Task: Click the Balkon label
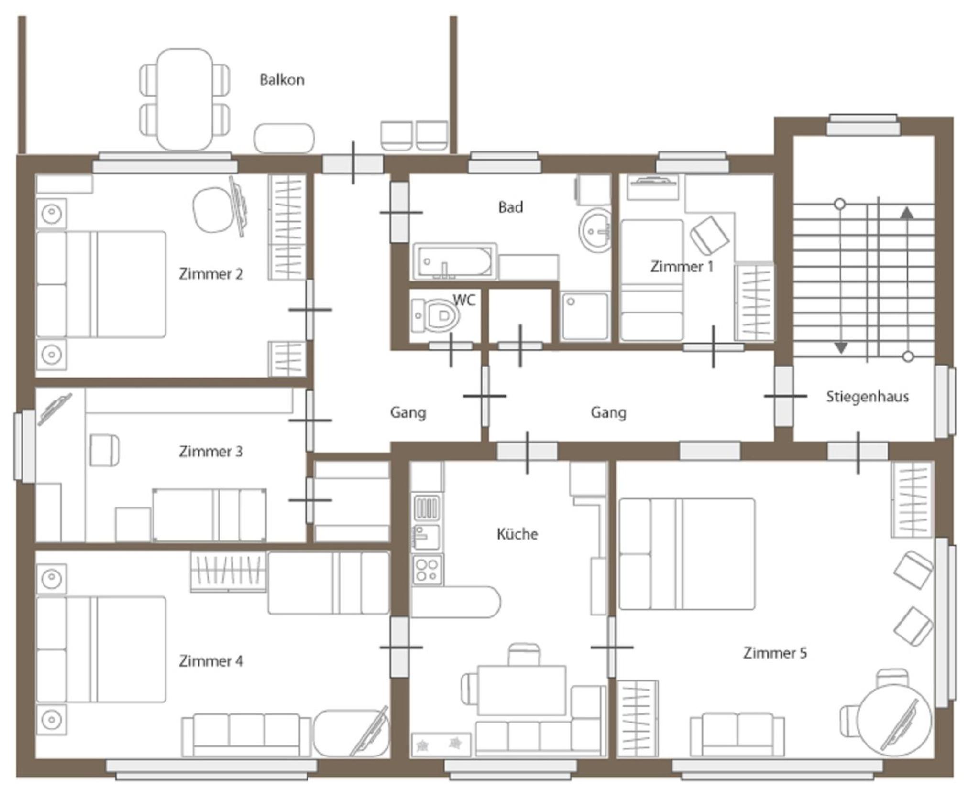coord(282,79)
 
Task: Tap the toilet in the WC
coord(435,315)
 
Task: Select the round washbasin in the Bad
coord(595,230)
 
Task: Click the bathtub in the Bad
coord(454,261)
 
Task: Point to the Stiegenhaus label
coord(868,396)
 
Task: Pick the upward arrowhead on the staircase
coord(907,213)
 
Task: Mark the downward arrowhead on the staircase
coord(840,348)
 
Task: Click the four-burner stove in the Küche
coord(427,569)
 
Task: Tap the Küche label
coord(517,534)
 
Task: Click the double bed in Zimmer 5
coord(687,554)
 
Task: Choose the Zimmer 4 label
coord(211,661)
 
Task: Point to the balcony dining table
coord(185,99)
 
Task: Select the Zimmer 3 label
coord(211,451)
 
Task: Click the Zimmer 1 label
coord(682,267)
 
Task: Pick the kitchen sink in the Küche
coord(427,537)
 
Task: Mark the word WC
coord(464,300)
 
